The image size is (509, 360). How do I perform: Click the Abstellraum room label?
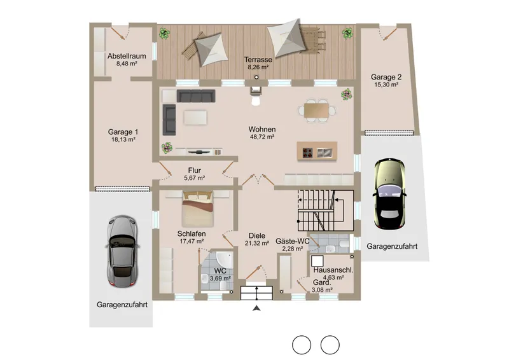point(127,56)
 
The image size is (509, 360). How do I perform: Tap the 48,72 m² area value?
point(262,137)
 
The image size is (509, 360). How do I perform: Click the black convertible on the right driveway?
point(389,194)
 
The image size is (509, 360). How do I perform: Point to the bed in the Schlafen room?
point(198,209)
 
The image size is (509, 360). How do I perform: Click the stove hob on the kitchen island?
point(307,152)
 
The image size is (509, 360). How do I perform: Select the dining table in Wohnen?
point(316,111)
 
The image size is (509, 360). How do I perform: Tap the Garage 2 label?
point(386,77)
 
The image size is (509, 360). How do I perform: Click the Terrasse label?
point(258,60)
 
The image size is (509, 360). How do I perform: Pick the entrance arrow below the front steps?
point(256,308)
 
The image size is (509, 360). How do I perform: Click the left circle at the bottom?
point(302,345)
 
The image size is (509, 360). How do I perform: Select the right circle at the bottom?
point(330,345)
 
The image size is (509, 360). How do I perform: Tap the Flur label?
point(194,170)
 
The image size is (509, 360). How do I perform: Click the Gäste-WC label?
point(292,241)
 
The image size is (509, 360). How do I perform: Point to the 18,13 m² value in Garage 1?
point(123,139)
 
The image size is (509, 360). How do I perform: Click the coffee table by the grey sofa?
point(195,118)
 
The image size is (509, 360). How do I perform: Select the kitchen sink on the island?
point(324,152)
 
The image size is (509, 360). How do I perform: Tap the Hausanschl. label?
point(333,270)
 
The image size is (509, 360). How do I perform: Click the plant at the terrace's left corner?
point(165,33)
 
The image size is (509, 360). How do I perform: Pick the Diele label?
point(257,236)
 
